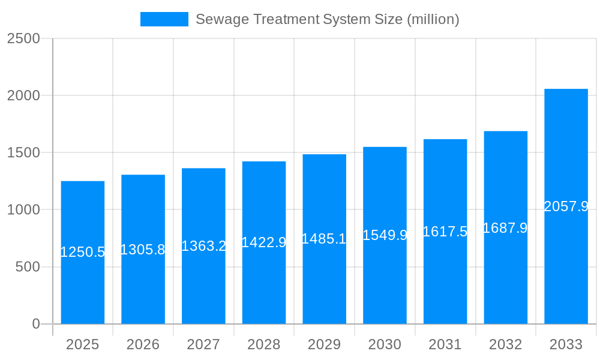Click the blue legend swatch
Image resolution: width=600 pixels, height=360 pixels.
tap(164, 19)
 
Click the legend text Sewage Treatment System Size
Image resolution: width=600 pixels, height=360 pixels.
tap(327, 19)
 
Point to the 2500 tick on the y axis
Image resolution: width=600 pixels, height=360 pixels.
tap(23, 38)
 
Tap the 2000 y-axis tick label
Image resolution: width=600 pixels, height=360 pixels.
tap(23, 95)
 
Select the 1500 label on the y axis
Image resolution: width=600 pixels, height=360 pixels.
tap(23, 152)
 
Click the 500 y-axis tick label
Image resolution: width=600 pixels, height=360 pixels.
tap(28, 266)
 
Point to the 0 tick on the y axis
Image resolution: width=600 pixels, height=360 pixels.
tap(35, 324)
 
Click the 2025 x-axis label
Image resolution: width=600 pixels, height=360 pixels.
tap(82, 344)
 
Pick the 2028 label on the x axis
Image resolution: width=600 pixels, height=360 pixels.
tap(263, 344)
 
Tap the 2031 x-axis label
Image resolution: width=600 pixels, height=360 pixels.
tap(445, 344)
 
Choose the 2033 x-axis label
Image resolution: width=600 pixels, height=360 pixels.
tap(566, 344)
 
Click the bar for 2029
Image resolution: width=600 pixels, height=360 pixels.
tap(324, 282)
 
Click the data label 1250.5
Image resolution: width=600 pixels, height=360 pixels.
tap(82, 252)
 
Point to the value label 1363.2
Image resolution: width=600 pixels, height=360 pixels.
tap(203, 246)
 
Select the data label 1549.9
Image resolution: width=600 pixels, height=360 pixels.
tap(385, 235)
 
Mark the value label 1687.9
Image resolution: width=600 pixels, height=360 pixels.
tap(505, 228)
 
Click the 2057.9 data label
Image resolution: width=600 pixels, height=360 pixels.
tap(566, 206)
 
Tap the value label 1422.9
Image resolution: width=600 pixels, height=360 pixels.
tap(263, 242)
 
